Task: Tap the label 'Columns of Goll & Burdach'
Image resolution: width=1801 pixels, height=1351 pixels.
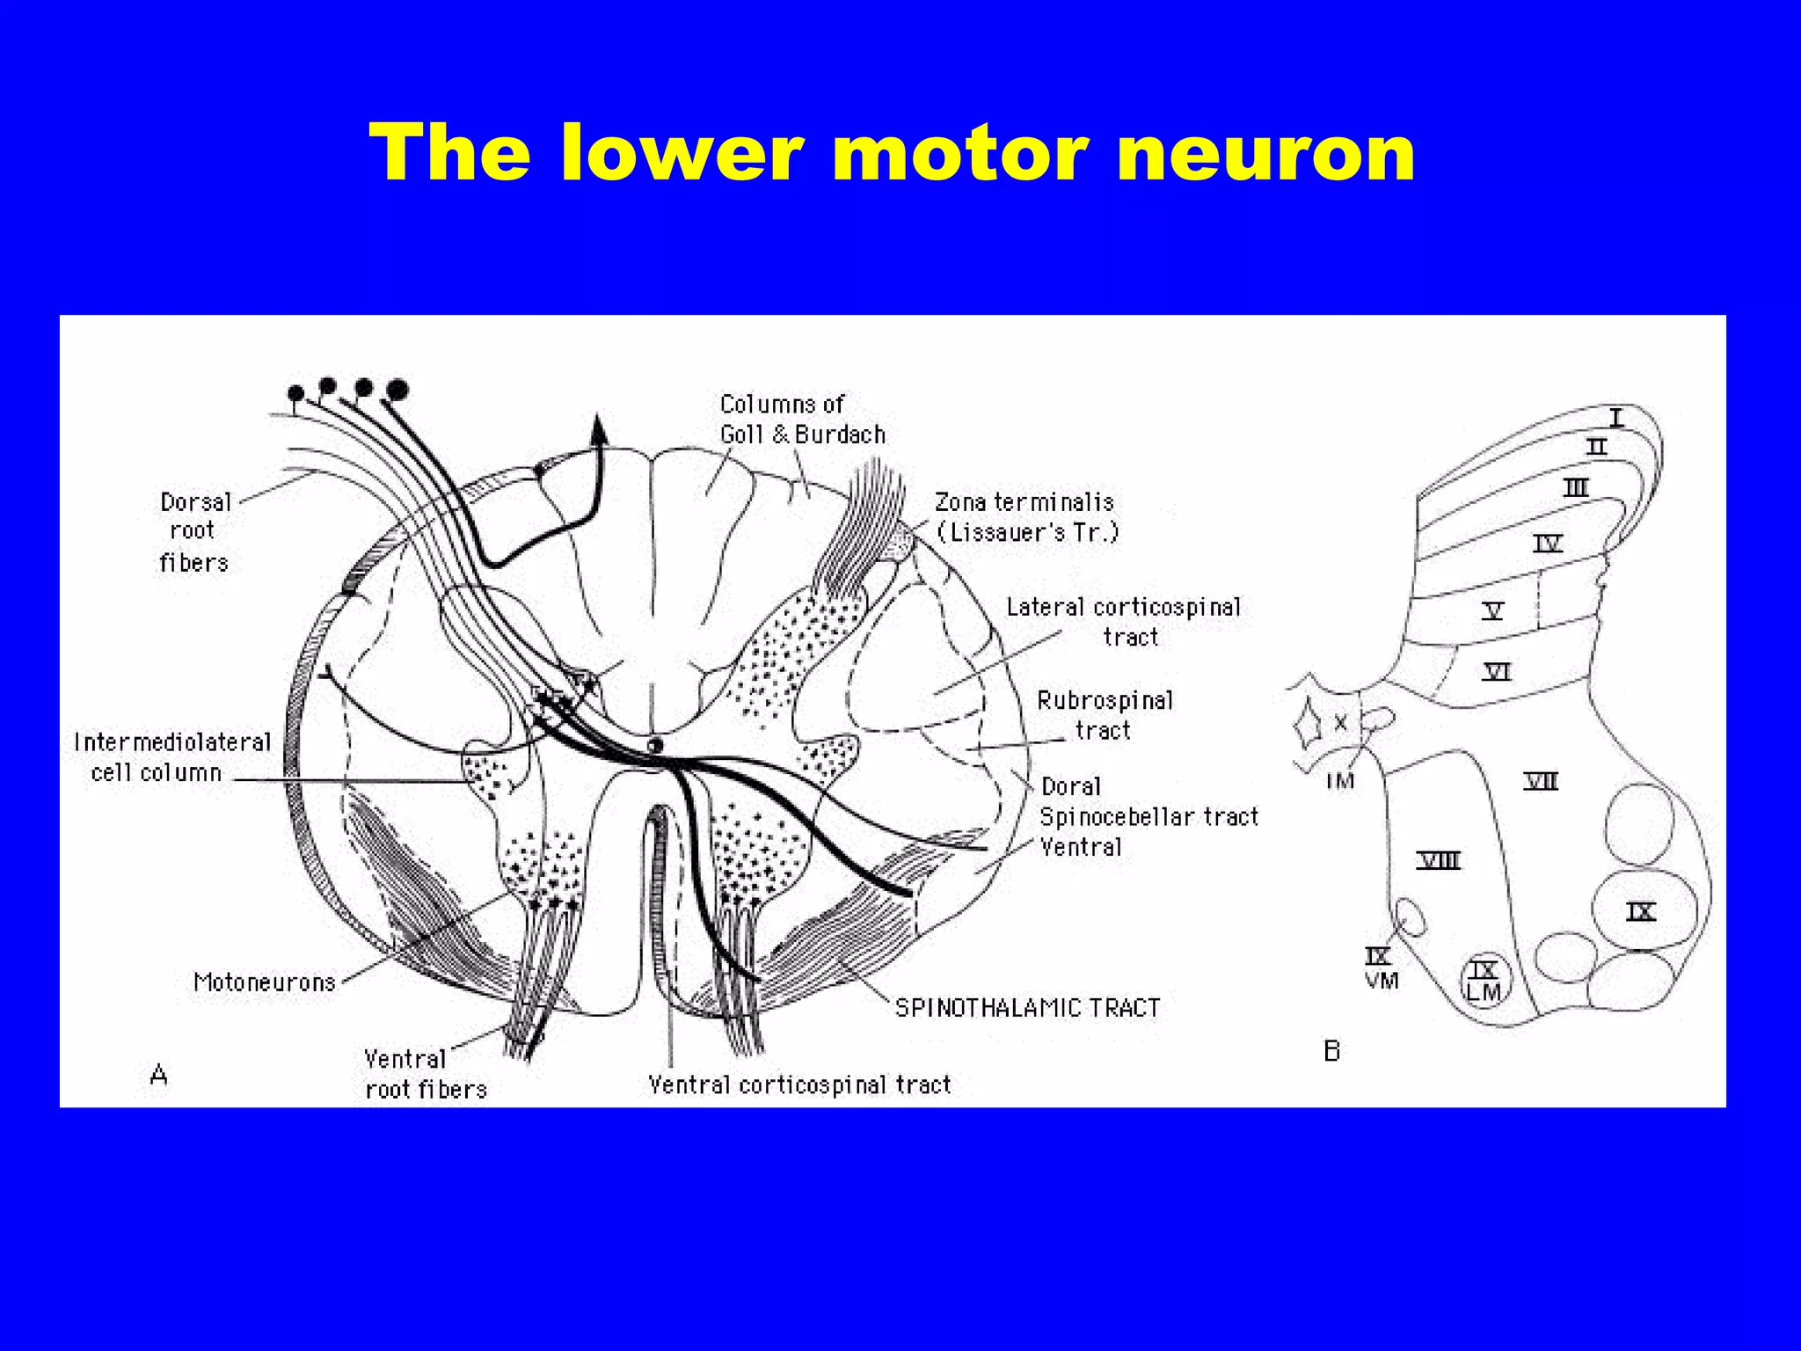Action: (801, 420)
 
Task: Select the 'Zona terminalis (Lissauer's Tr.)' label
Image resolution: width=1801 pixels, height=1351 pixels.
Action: (1024, 517)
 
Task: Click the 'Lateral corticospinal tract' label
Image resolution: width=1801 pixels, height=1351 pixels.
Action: (1123, 621)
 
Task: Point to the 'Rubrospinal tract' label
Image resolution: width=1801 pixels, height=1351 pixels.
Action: (1105, 715)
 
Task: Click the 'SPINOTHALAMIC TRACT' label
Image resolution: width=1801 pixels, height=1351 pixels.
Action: (1027, 1008)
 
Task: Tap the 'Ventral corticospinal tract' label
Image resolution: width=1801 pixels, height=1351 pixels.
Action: (799, 1085)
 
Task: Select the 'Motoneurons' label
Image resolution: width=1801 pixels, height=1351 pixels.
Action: (265, 982)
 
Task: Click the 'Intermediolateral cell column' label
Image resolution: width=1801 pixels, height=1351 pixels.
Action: (171, 757)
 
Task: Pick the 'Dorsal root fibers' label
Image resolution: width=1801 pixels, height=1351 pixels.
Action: (194, 532)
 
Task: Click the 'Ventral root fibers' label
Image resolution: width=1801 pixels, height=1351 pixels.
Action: (425, 1074)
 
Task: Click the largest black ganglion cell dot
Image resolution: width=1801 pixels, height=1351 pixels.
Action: (397, 388)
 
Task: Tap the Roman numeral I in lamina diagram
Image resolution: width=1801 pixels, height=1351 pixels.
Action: (1616, 416)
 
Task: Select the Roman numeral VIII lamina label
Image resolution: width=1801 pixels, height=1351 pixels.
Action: (1439, 860)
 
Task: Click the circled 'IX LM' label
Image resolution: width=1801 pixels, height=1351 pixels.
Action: (1484, 981)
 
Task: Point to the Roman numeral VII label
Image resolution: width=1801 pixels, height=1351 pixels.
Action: (1541, 781)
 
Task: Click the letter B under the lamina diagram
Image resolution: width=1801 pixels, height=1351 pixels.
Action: (1331, 1051)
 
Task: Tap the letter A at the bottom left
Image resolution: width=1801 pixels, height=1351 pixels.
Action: (158, 1075)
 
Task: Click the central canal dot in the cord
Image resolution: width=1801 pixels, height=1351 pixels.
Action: (653, 745)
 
